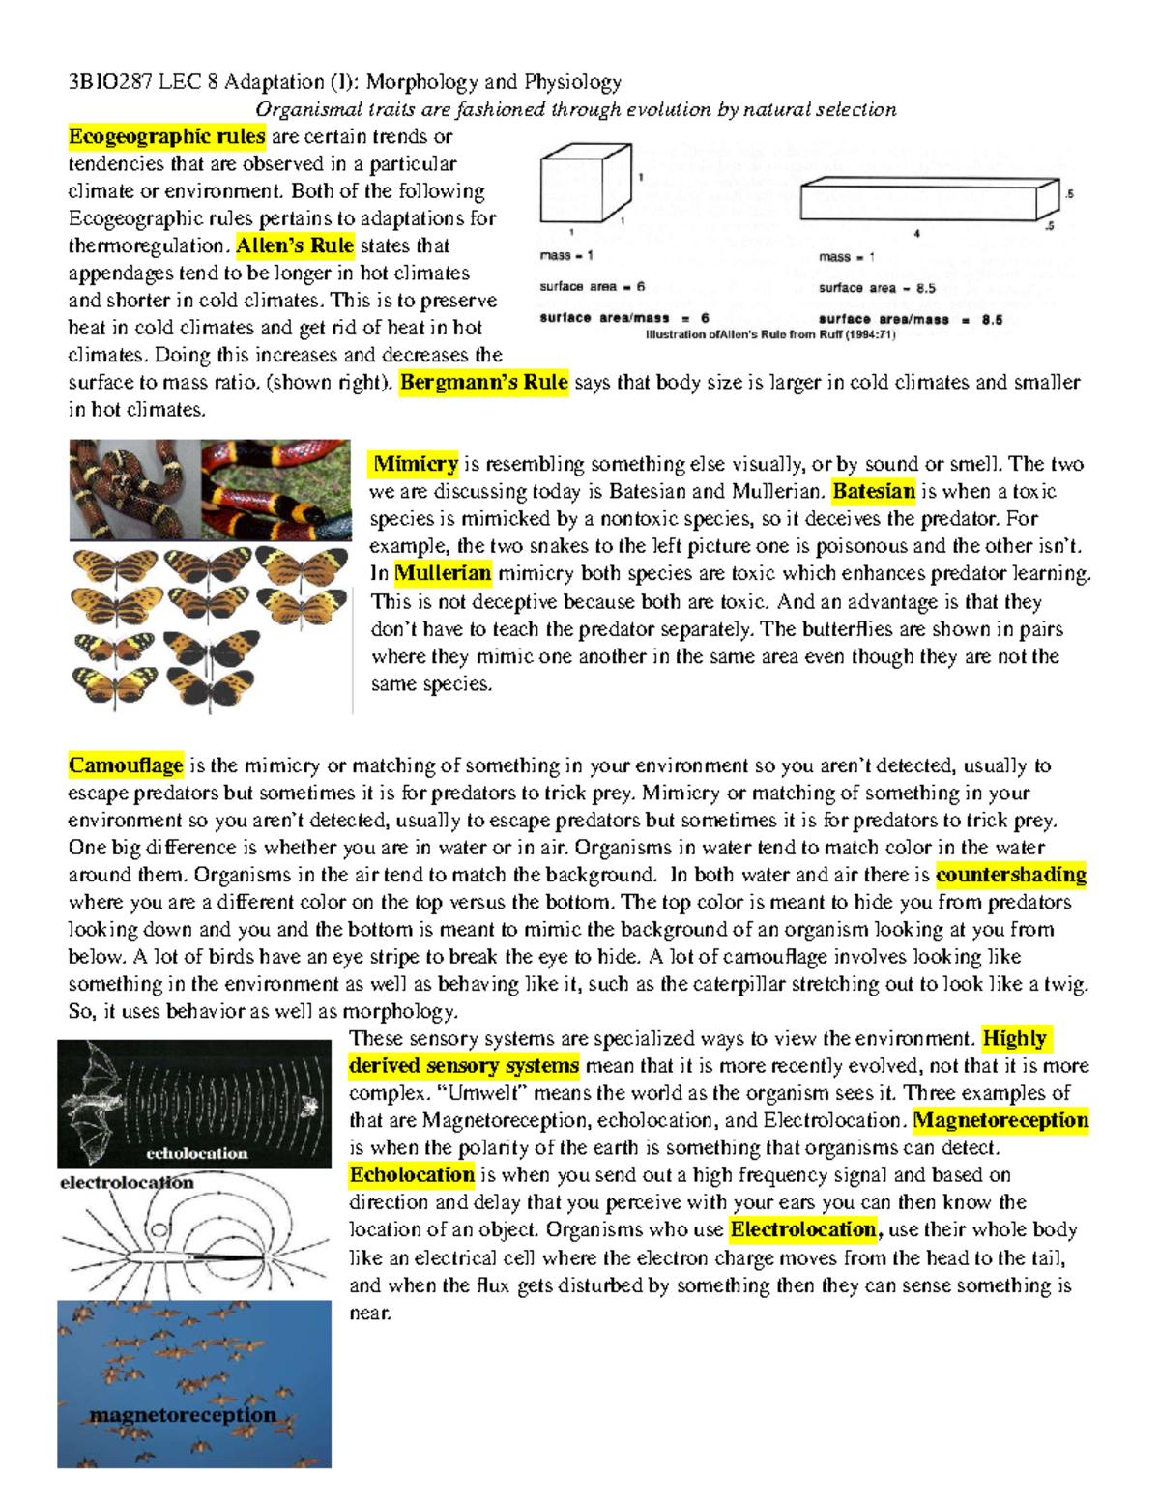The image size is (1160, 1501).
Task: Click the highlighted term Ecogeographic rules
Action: (x=166, y=136)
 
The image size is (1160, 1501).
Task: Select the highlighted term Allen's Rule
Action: (x=295, y=245)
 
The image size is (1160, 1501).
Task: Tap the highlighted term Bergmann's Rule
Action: (x=483, y=382)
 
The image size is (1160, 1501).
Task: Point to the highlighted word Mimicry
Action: (x=416, y=464)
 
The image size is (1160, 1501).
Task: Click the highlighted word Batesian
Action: (x=873, y=491)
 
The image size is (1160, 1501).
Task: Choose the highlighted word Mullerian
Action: (x=443, y=573)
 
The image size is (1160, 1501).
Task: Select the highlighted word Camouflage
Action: (x=126, y=765)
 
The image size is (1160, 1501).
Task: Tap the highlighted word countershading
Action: (x=1011, y=875)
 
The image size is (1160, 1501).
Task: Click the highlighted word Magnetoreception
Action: (x=1000, y=1120)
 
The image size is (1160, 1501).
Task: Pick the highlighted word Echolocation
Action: (x=412, y=1174)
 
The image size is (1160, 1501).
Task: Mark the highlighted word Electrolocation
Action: (x=803, y=1229)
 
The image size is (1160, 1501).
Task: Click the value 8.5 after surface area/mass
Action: (x=992, y=320)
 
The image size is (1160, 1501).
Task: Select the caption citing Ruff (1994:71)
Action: (x=770, y=335)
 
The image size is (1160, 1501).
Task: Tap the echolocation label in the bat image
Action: (x=197, y=1153)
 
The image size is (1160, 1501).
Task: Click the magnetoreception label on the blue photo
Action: (x=183, y=1415)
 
